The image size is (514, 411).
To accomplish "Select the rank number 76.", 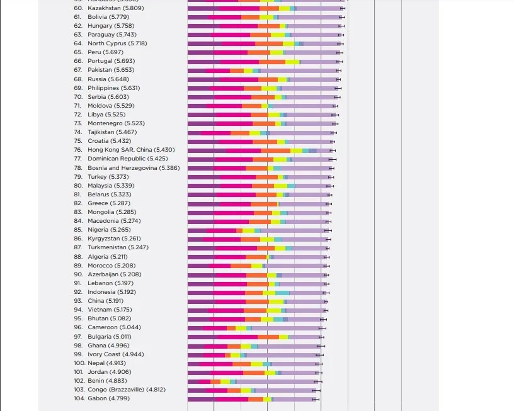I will coord(78,150).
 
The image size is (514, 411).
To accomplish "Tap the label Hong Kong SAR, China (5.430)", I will coord(131,150).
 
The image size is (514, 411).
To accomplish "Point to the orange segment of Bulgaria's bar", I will coord(268,337).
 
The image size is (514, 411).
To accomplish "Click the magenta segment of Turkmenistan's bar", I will coord(236,248).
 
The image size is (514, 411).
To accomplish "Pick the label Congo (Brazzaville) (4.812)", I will coord(126,390).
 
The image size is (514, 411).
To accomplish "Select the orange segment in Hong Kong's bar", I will coord(275,150).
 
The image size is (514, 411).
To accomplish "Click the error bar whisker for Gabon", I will coord(316,399).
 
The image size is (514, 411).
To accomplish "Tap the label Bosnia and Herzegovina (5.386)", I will coord(134,168).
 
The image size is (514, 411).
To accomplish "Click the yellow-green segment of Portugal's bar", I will coord(292,62).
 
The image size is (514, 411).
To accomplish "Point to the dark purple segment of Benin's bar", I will coord(193,381).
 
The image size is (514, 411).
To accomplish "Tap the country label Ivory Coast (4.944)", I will coord(115,354).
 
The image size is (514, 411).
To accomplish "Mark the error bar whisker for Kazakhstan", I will coord(342,8).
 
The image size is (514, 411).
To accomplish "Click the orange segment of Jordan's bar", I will coord(254,372).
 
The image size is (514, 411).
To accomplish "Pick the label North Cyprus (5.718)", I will coord(117,43).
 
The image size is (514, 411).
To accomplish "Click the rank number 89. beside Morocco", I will coord(78,266).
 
